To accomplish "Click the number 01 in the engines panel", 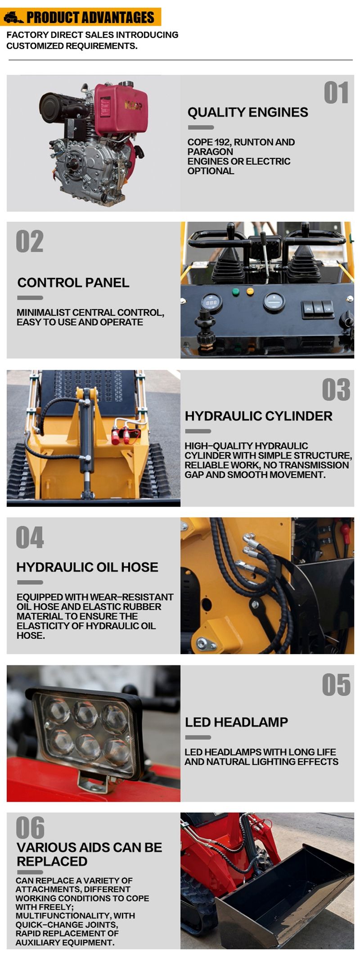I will click(x=336, y=93).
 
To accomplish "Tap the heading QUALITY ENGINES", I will click(x=247, y=112).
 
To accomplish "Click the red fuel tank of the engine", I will click(x=121, y=109).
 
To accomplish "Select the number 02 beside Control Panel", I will click(x=30, y=242).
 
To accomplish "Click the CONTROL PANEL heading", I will click(x=73, y=283).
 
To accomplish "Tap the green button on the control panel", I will click(x=235, y=292).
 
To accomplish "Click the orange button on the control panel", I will click(x=250, y=292).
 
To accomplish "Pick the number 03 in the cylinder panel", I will click(x=336, y=390).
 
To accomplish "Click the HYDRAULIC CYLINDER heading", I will click(x=258, y=416).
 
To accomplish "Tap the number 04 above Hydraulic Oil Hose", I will click(x=30, y=538).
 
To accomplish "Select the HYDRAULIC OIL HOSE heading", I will click(x=87, y=567).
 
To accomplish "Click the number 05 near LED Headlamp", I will click(x=336, y=685).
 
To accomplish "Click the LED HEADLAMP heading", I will click(x=236, y=722).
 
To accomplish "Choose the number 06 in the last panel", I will click(x=30, y=828).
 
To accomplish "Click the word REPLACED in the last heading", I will click(x=52, y=862).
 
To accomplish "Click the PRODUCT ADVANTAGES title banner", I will click(x=90, y=18).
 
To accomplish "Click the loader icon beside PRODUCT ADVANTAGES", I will click(x=13, y=18).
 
